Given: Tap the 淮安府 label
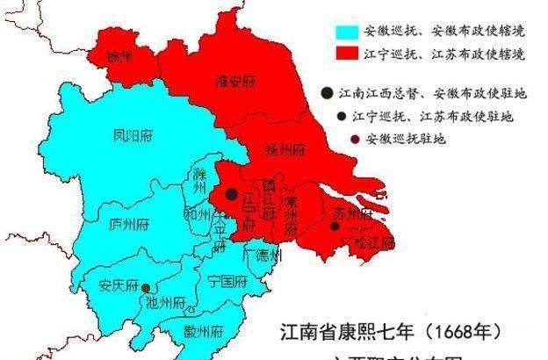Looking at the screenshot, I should pos(234,82).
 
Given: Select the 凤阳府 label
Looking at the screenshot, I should pos(133,137).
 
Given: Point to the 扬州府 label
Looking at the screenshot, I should pos(285,149).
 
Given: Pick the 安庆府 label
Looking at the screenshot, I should pos(119,286).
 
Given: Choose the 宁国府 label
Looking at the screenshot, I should pos(227,282).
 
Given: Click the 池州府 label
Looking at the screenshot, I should pos(167,304).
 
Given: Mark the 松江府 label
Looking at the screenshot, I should pos(374,241).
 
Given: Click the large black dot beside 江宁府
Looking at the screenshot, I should pos(231,193).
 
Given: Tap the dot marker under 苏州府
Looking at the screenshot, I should pos(335,227).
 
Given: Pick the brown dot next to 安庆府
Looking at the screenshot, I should pos(146,286).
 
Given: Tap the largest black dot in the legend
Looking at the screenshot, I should pos(327,92).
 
